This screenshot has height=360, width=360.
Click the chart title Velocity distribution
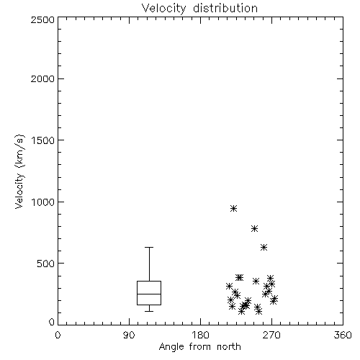coord(199,8)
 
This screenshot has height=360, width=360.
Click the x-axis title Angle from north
coord(199,347)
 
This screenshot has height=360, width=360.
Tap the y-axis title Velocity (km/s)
coord(19,171)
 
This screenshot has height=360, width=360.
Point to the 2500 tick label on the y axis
coord(42,19)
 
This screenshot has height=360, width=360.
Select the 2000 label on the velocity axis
coord(42,78)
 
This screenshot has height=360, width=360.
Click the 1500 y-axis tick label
coord(43,140)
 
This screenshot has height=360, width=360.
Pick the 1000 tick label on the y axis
coord(43,202)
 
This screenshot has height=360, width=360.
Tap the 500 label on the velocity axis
coord(45,264)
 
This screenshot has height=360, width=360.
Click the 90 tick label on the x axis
coord(129,335)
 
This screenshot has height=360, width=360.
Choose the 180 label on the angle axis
coord(200,335)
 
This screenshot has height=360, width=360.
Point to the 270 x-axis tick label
coord(271,335)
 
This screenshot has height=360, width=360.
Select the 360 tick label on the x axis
coord(343,335)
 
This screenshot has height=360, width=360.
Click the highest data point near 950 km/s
coord(233,208)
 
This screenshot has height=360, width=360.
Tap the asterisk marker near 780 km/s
coord(254,228)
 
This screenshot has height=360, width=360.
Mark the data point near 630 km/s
coord(264,247)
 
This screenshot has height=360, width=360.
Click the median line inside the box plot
coord(149,294)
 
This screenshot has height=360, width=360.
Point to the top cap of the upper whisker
coord(149,247)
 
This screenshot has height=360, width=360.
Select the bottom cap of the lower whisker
coord(149,311)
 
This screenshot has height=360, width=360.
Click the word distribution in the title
coord(225,8)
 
